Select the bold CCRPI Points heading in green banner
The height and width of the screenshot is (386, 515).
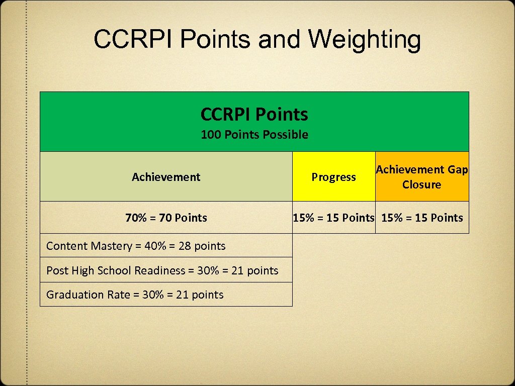[254, 115]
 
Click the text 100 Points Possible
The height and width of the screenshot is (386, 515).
[254, 135]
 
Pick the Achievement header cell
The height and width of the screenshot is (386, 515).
[166, 177]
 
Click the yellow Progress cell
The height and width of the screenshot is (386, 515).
[333, 177]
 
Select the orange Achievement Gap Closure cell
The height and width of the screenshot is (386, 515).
[421, 177]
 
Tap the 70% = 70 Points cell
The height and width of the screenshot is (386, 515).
[166, 218]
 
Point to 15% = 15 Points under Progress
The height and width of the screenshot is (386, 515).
[334, 218]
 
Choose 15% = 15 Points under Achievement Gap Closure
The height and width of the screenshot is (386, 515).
[422, 218]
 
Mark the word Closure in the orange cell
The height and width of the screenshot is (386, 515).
[421, 184]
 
